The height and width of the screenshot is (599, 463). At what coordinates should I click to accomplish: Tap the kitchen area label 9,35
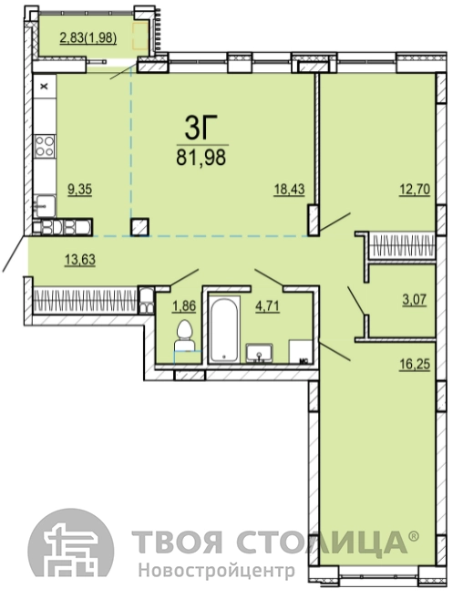coord(80,190)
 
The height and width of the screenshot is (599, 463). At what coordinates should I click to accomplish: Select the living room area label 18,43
coord(289,190)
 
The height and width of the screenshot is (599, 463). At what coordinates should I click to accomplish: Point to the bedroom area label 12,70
coord(415,190)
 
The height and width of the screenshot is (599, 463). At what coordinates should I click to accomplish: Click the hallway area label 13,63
coord(80,260)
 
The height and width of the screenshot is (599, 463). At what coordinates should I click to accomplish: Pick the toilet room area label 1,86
coord(184,306)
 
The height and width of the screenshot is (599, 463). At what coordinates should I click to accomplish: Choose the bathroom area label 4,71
coord(267,306)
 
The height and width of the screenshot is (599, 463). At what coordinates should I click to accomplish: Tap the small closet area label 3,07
coord(415,299)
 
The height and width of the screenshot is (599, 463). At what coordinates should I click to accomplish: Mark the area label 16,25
coord(415,365)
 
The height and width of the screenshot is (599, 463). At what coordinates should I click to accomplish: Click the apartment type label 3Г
coord(196,128)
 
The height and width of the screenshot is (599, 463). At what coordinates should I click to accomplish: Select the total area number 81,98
coord(201,157)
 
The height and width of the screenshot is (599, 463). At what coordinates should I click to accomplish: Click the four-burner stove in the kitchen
coord(45,146)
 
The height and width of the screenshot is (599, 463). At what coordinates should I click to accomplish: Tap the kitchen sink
coord(45,206)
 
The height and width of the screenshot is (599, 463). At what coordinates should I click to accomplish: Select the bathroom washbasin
coord(259,353)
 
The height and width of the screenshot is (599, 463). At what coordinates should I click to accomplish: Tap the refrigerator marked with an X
coord(45,87)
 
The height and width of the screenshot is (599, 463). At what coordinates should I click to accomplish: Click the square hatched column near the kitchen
coord(139,227)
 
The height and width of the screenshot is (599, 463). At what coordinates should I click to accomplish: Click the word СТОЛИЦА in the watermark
coord(323,542)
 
